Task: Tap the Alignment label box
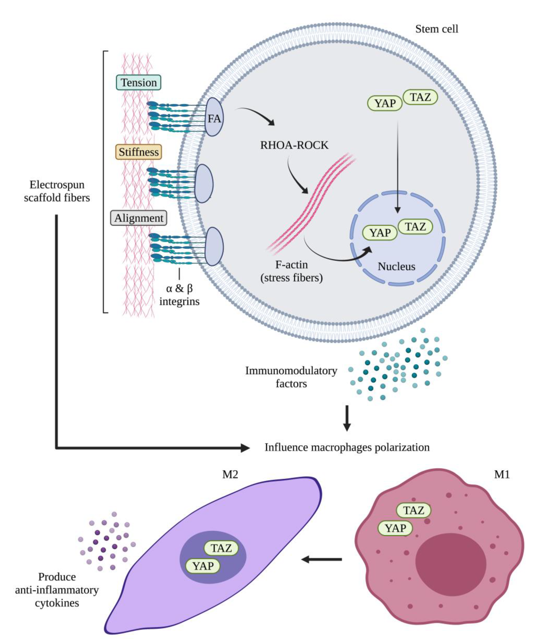pos(139,218)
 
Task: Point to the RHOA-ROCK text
pos(294,145)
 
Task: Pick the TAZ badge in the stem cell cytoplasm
pos(420,97)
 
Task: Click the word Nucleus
pos(396,266)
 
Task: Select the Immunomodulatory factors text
pos(291,377)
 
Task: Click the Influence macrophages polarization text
pos(347,447)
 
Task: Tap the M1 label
pos(502,474)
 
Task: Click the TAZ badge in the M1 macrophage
pos(413,510)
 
